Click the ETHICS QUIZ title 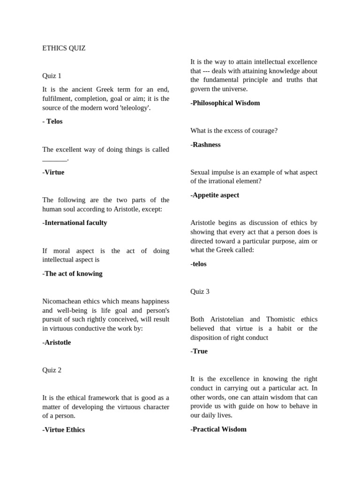[x=64, y=48]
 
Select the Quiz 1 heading [x=52, y=76]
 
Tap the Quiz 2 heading [x=52, y=370]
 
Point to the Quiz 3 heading [x=200, y=292]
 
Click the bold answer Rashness [x=205, y=145]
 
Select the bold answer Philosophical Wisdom [x=225, y=103]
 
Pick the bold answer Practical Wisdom [x=218, y=429]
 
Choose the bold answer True [x=199, y=352]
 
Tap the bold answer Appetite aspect [x=215, y=195]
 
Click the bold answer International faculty [x=75, y=223]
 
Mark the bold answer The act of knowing [x=72, y=274]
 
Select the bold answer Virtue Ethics [x=63, y=430]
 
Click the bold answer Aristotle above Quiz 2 [x=56, y=343]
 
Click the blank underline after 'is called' [x=54, y=159]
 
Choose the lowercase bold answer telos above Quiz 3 [x=198, y=264]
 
